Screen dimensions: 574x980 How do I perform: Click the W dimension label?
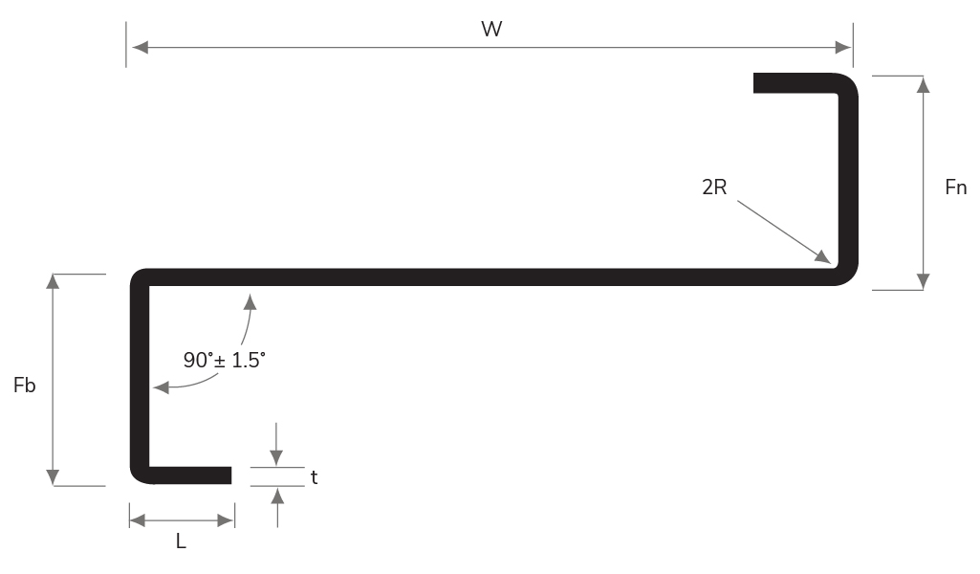[491, 29]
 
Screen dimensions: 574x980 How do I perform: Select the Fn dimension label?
[955, 188]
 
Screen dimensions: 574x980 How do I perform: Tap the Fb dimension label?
[25, 386]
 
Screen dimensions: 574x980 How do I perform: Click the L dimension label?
[181, 541]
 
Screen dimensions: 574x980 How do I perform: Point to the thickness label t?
[314, 477]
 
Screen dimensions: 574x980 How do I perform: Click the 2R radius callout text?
[714, 188]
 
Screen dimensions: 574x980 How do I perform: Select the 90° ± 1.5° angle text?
[224, 361]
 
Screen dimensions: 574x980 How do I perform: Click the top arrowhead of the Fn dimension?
[923, 84]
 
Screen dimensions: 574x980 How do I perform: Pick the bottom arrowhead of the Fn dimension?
[923, 281]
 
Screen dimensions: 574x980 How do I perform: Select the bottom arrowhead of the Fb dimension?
[53, 477]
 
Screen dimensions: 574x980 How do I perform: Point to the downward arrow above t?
[277, 458]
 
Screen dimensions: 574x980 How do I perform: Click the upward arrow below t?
[277, 495]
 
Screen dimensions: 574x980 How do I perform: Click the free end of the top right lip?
[755, 82]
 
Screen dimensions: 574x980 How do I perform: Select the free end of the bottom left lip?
[230, 475]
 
